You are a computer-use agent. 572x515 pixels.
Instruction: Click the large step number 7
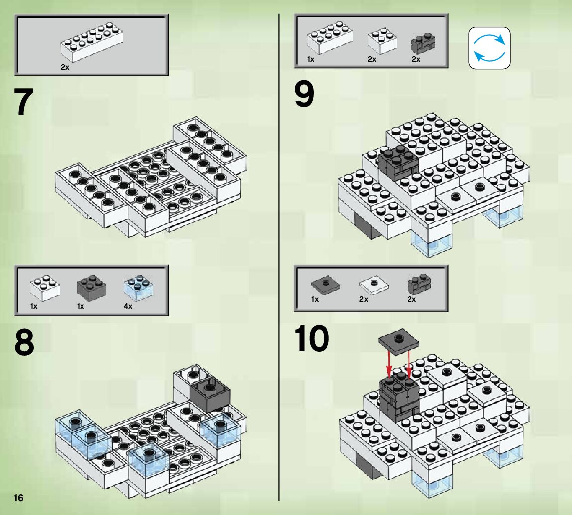(x=24, y=102)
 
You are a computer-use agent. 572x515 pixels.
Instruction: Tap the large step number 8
(x=24, y=342)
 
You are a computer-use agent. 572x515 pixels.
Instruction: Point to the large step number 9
(x=304, y=94)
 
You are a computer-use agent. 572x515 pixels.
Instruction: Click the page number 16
(x=18, y=498)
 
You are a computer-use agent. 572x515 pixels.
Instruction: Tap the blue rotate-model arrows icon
(x=489, y=48)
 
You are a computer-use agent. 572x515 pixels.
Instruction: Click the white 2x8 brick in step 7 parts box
(x=91, y=42)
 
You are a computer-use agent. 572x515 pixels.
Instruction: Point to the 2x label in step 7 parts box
(x=65, y=67)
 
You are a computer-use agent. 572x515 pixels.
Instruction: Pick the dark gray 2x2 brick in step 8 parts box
(x=91, y=288)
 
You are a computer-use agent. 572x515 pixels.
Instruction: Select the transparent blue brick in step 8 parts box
(x=138, y=288)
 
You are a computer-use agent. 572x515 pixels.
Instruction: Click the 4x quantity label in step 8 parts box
(x=128, y=306)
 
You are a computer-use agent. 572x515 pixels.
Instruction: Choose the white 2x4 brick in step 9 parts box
(x=330, y=37)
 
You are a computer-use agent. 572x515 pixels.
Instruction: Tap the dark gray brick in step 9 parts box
(x=423, y=44)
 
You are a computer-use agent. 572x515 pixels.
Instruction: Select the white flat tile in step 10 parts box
(x=374, y=285)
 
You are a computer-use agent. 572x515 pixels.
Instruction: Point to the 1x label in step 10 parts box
(x=315, y=299)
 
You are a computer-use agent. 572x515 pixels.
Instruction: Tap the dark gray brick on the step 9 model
(x=398, y=162)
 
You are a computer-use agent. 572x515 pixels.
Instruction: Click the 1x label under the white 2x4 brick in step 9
(x=311, y=59)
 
